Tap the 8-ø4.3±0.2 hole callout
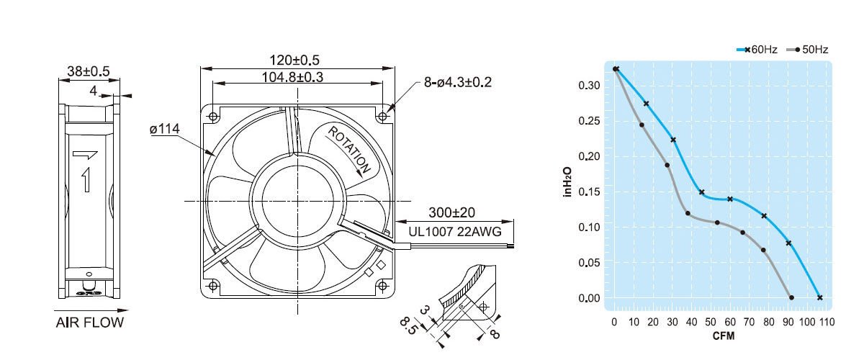point(458,83)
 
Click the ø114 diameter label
point(164,129)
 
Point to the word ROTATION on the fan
point(351,150)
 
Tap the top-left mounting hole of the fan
point(214,115)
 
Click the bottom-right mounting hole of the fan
point(382,286)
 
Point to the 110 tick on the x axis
point(826,322)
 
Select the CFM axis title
point(723,336)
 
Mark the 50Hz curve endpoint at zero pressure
point(792,297)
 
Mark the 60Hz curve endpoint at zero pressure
point(819,297)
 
